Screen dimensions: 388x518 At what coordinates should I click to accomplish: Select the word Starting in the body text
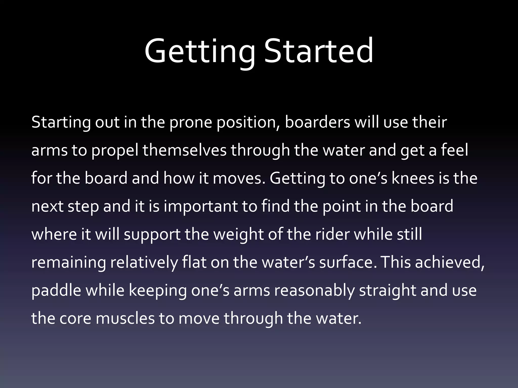[61, 123]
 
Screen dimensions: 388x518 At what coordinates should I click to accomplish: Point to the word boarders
[317, 122]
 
